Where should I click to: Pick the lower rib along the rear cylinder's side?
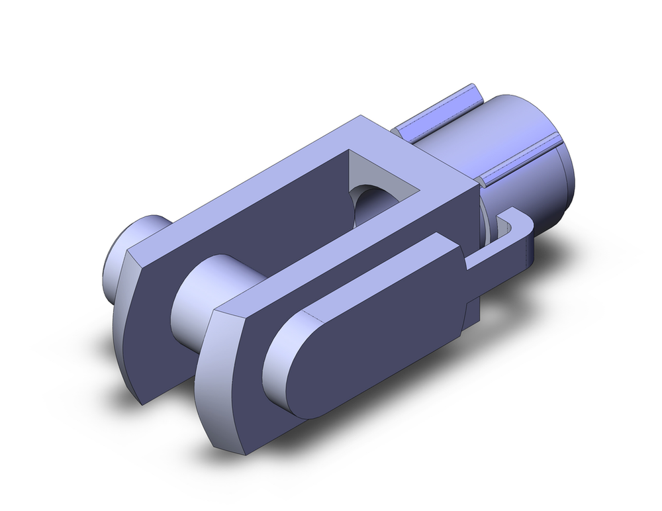coord(520,159)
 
